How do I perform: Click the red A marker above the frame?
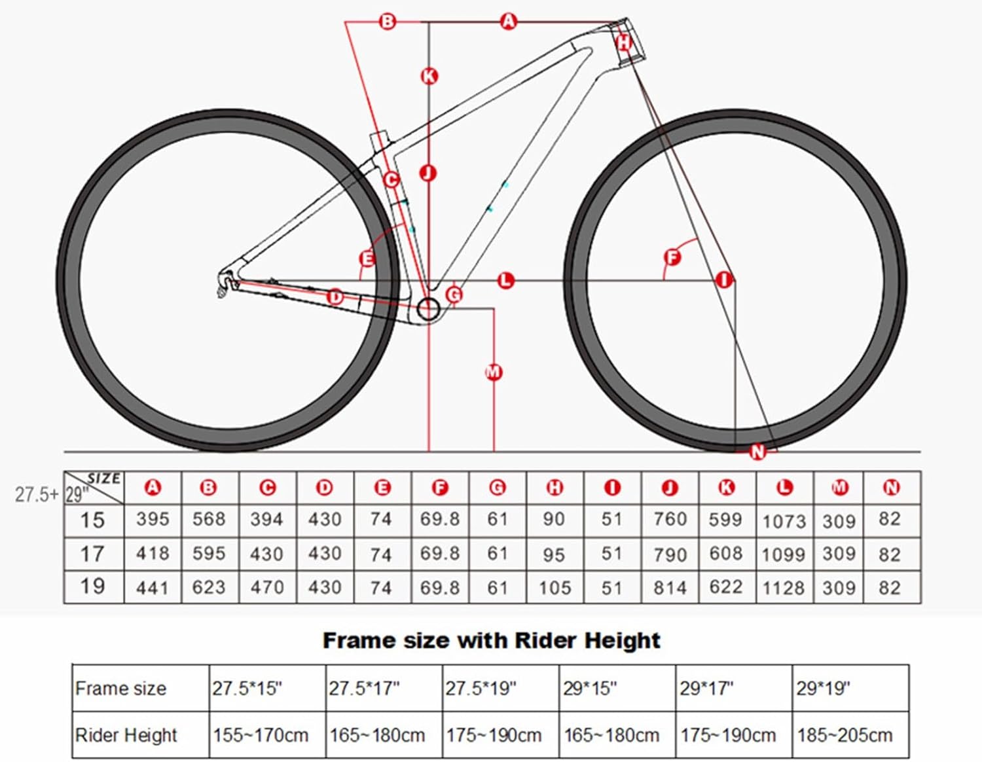[508, 22]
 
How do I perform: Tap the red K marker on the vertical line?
[429, 76]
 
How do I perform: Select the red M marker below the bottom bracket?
[493, 372]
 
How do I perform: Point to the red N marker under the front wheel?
[757, 451]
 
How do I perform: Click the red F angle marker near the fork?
[672, 257]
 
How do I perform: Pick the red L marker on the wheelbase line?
[505, 281]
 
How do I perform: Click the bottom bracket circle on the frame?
[428, 308]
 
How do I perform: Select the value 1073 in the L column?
[784, 522]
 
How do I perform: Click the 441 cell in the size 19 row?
[153, 587]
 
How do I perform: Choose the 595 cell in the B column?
[209, 554]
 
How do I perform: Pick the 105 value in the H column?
[555, 588]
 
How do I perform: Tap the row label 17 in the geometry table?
[92, 554]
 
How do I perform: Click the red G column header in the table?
[498, 488]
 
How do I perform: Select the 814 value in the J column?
[670, 588]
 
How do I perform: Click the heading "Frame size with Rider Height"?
[491, 640]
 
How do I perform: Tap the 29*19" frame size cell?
[823, 688]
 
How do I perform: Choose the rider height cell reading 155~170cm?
[261, 735]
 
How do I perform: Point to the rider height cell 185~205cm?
[845, 735]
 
